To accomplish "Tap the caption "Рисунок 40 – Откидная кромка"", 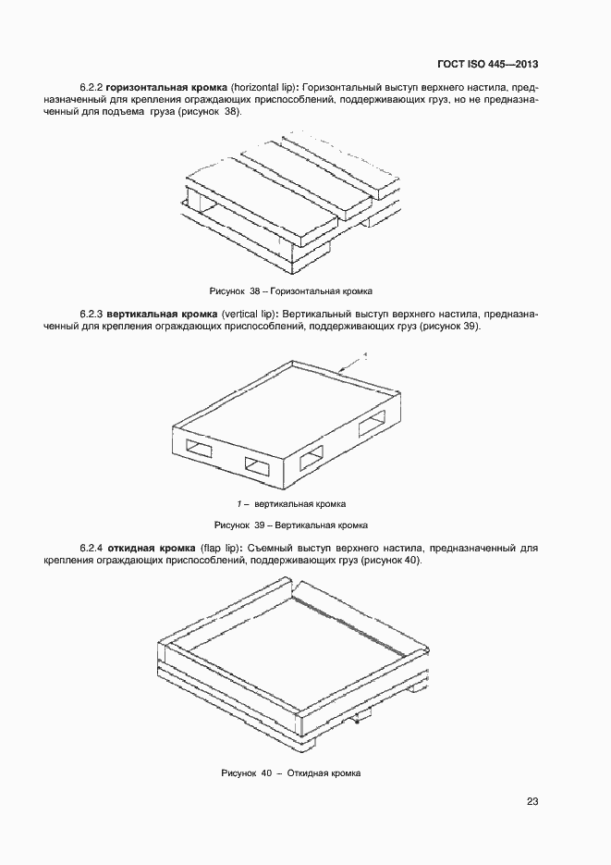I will point(291,772).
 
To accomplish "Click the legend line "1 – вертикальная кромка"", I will point(291,504).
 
